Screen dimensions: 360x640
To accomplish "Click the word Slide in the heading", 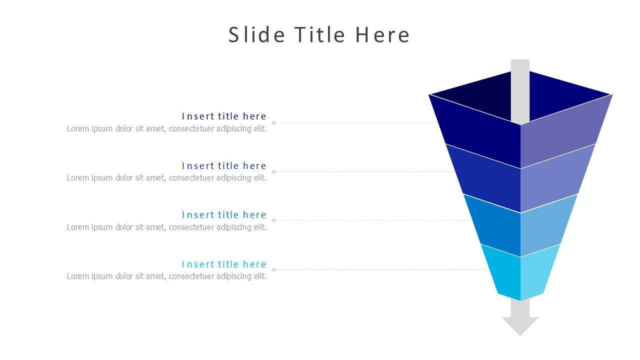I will click(256, 35).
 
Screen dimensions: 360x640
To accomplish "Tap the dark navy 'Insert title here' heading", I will click(224, 116).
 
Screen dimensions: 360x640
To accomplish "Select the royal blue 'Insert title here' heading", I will click(224, 165).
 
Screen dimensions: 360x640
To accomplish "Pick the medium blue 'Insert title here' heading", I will click(224, 215).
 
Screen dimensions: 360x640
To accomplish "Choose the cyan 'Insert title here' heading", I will click(224, 264).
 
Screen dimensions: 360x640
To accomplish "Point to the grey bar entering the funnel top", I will click(520, 90).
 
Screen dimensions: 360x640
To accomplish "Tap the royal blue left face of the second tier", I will click(487, 177).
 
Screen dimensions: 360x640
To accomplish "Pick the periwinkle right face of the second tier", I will click(555, 177).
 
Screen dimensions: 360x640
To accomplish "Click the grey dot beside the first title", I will click(273, 122).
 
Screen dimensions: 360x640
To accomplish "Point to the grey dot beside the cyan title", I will click(273, 270).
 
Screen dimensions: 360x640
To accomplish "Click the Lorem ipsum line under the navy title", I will click(166, 128).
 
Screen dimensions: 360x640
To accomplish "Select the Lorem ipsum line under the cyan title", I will click(166, 276).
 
